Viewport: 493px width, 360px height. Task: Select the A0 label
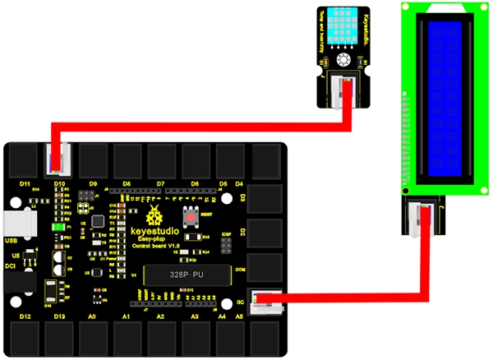(92, 316)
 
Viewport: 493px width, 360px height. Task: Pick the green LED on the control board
(59, 227)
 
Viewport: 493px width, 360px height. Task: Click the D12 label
(24, 316)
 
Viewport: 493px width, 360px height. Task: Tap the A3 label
(196, 316)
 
